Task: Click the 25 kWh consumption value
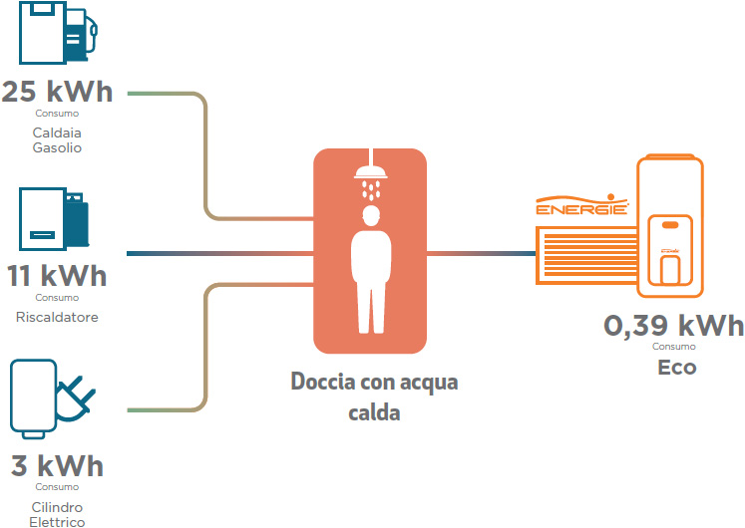coord(57,91)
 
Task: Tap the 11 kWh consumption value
coord(57,276)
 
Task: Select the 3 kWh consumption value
coord(57,465)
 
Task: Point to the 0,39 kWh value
coord(674,326)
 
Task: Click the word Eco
coord(677,368)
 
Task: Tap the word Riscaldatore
coord(57,317)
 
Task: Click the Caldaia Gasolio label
coord(57,139)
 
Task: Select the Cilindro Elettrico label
coord(57,515)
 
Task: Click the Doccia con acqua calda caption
coord(374,397)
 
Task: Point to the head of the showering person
coord(371,216)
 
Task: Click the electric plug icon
coord(76,399)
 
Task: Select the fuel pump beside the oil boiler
coord(82,35)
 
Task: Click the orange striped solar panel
coord(586,255)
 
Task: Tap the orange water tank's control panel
coord(670,250)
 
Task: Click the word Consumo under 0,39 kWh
coord(674,347)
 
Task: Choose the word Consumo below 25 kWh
coord(57,114)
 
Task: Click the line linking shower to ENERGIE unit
coord(482,254)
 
